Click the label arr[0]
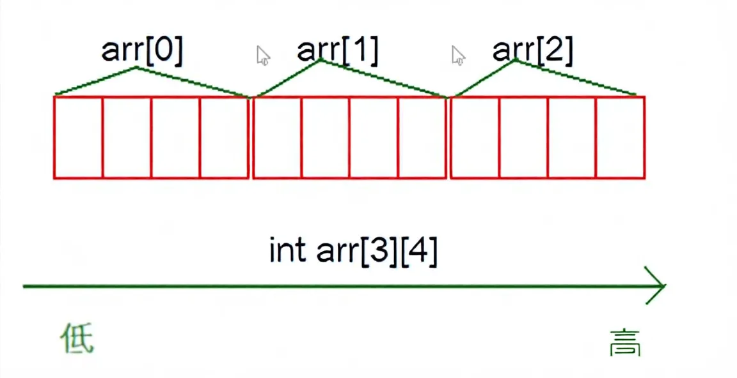142,51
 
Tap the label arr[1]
338,51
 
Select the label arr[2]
533,51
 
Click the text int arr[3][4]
353,251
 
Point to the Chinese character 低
77,338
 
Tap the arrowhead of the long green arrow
659,286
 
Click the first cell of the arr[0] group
78,137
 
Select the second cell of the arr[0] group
127,137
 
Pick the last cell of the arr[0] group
224,137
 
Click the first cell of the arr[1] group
278,137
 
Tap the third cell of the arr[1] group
374,137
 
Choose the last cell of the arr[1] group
422,137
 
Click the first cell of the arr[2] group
475,137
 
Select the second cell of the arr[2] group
523,137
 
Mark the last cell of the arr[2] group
620,137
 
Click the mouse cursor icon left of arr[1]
262,56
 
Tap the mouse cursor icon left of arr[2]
457,56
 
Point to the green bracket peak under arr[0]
136,67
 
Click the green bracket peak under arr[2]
515,60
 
